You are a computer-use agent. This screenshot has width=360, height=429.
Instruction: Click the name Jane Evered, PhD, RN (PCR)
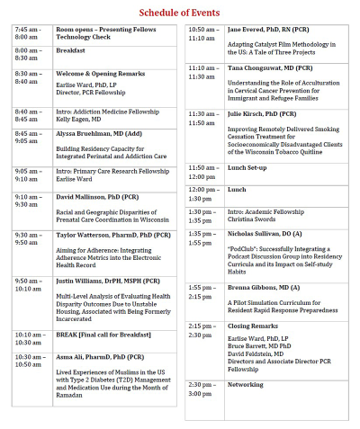(x=257, y=30)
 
